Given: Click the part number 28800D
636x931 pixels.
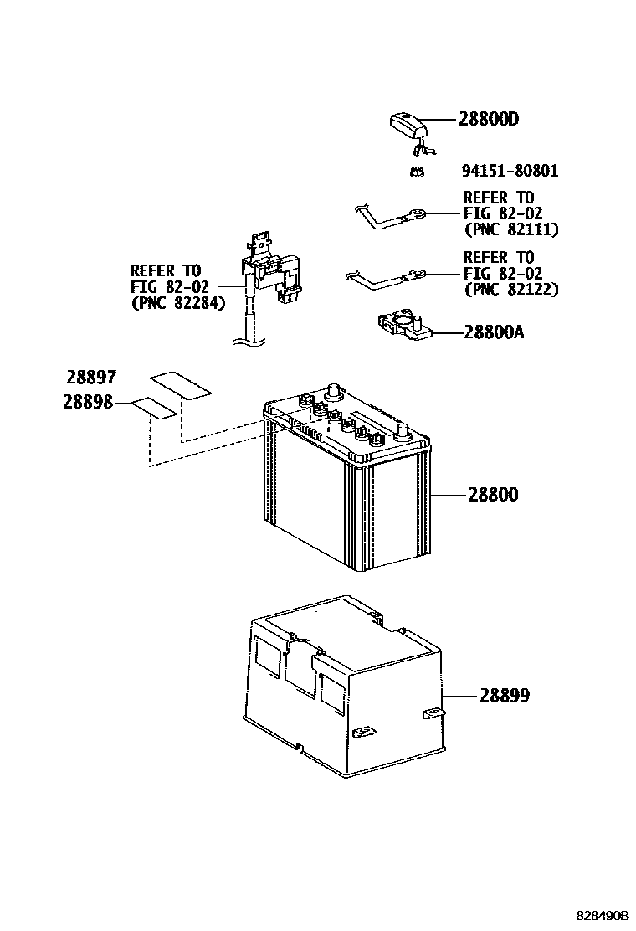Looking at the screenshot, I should pyautogui.click(x=488, y=120).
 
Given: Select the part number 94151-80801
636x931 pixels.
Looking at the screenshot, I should pyautogui.click(x=510, y=172).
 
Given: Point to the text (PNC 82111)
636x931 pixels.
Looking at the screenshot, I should pyautogui.click(x=510, y=229).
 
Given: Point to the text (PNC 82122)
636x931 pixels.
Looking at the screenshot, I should pyautogui.click(x=510, y=290).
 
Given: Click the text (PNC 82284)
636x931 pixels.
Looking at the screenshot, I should pyautogui.click(x=178, y=303).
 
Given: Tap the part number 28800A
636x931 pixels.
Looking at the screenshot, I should pyautogui.click(x=494, y=332).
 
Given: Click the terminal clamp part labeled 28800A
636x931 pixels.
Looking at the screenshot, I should pyautogui.click(x=404, y=325).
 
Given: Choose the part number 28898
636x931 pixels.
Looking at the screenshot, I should pyautogui.click(x=87, y=402).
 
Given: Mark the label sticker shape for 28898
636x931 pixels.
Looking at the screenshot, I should pyautogui.click(x=153, y=407).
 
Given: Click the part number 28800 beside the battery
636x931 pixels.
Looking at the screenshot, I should pyautogui.click(x=493, y=495).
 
